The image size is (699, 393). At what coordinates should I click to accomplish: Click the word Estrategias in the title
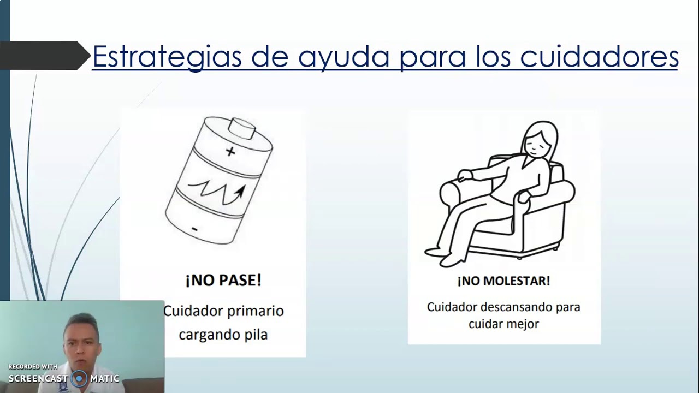tap(167, 56)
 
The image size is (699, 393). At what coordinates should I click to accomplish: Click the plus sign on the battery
tap(230, 152)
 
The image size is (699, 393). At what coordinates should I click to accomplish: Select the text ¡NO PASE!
tap(223, 281)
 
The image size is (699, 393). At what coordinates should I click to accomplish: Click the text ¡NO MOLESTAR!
tap(503, 281)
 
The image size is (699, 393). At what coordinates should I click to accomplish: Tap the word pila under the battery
tap(254, 334)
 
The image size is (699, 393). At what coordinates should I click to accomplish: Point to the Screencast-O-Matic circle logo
tap(79, 378)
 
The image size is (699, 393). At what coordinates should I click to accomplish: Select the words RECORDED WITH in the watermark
tap(33, 367)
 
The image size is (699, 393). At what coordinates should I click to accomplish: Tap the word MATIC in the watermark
tap(105, 379)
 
